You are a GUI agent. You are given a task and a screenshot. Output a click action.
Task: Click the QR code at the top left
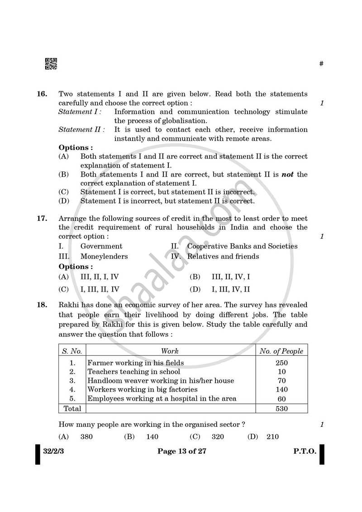pyautogui.click(x=51, y=64)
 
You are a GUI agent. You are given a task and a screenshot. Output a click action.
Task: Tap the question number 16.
pyautogui.click(x=42, y=94)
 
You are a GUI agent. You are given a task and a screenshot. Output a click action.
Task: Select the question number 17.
pyautogui.click(x=42, y=218)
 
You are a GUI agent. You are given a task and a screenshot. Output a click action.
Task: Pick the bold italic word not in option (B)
pyautogui.click(x=288, y=174)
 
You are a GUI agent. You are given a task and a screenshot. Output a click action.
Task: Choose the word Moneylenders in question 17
pyautogui.click(x=104, y=256)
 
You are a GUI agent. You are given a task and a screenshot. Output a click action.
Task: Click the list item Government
pyautogui.click(x=101, y=246)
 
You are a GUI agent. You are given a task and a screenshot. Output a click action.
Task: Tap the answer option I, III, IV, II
pyautogui.click(x=231, y=289)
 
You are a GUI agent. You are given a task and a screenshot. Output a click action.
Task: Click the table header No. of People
pyautogui.click(x=281, y=351)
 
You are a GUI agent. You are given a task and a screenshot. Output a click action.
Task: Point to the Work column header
pyautogui.click(x=170, y=351)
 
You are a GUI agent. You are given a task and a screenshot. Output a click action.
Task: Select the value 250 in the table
pyautogui.click(x=281, y=363)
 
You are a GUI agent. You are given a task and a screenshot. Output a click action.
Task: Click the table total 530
pyautogui.click(x=281, y=408)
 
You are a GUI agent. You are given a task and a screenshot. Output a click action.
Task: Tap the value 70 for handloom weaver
pyautogui.click(x=281, y=381)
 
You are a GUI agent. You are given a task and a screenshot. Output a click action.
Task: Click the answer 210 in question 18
pyautogui.click(x=272, y=437)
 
